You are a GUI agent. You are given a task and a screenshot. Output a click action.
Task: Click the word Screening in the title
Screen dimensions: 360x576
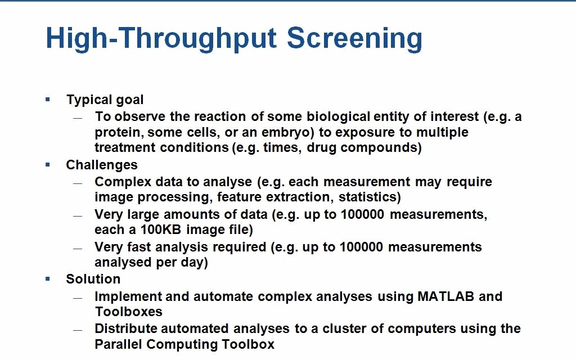(354, 39)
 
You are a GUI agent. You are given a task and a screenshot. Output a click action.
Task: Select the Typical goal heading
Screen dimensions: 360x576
(105, 100)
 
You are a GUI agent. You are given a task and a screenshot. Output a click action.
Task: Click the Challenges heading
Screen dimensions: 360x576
(102, 165)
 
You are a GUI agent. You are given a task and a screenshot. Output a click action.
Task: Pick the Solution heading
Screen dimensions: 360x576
(93, 279)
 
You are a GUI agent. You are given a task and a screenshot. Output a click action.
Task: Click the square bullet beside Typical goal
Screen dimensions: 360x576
(48, 100)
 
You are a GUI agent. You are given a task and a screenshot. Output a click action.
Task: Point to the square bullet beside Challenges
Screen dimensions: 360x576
(48, 164)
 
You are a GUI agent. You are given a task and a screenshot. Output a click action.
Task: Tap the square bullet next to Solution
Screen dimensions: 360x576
(48, 278)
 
